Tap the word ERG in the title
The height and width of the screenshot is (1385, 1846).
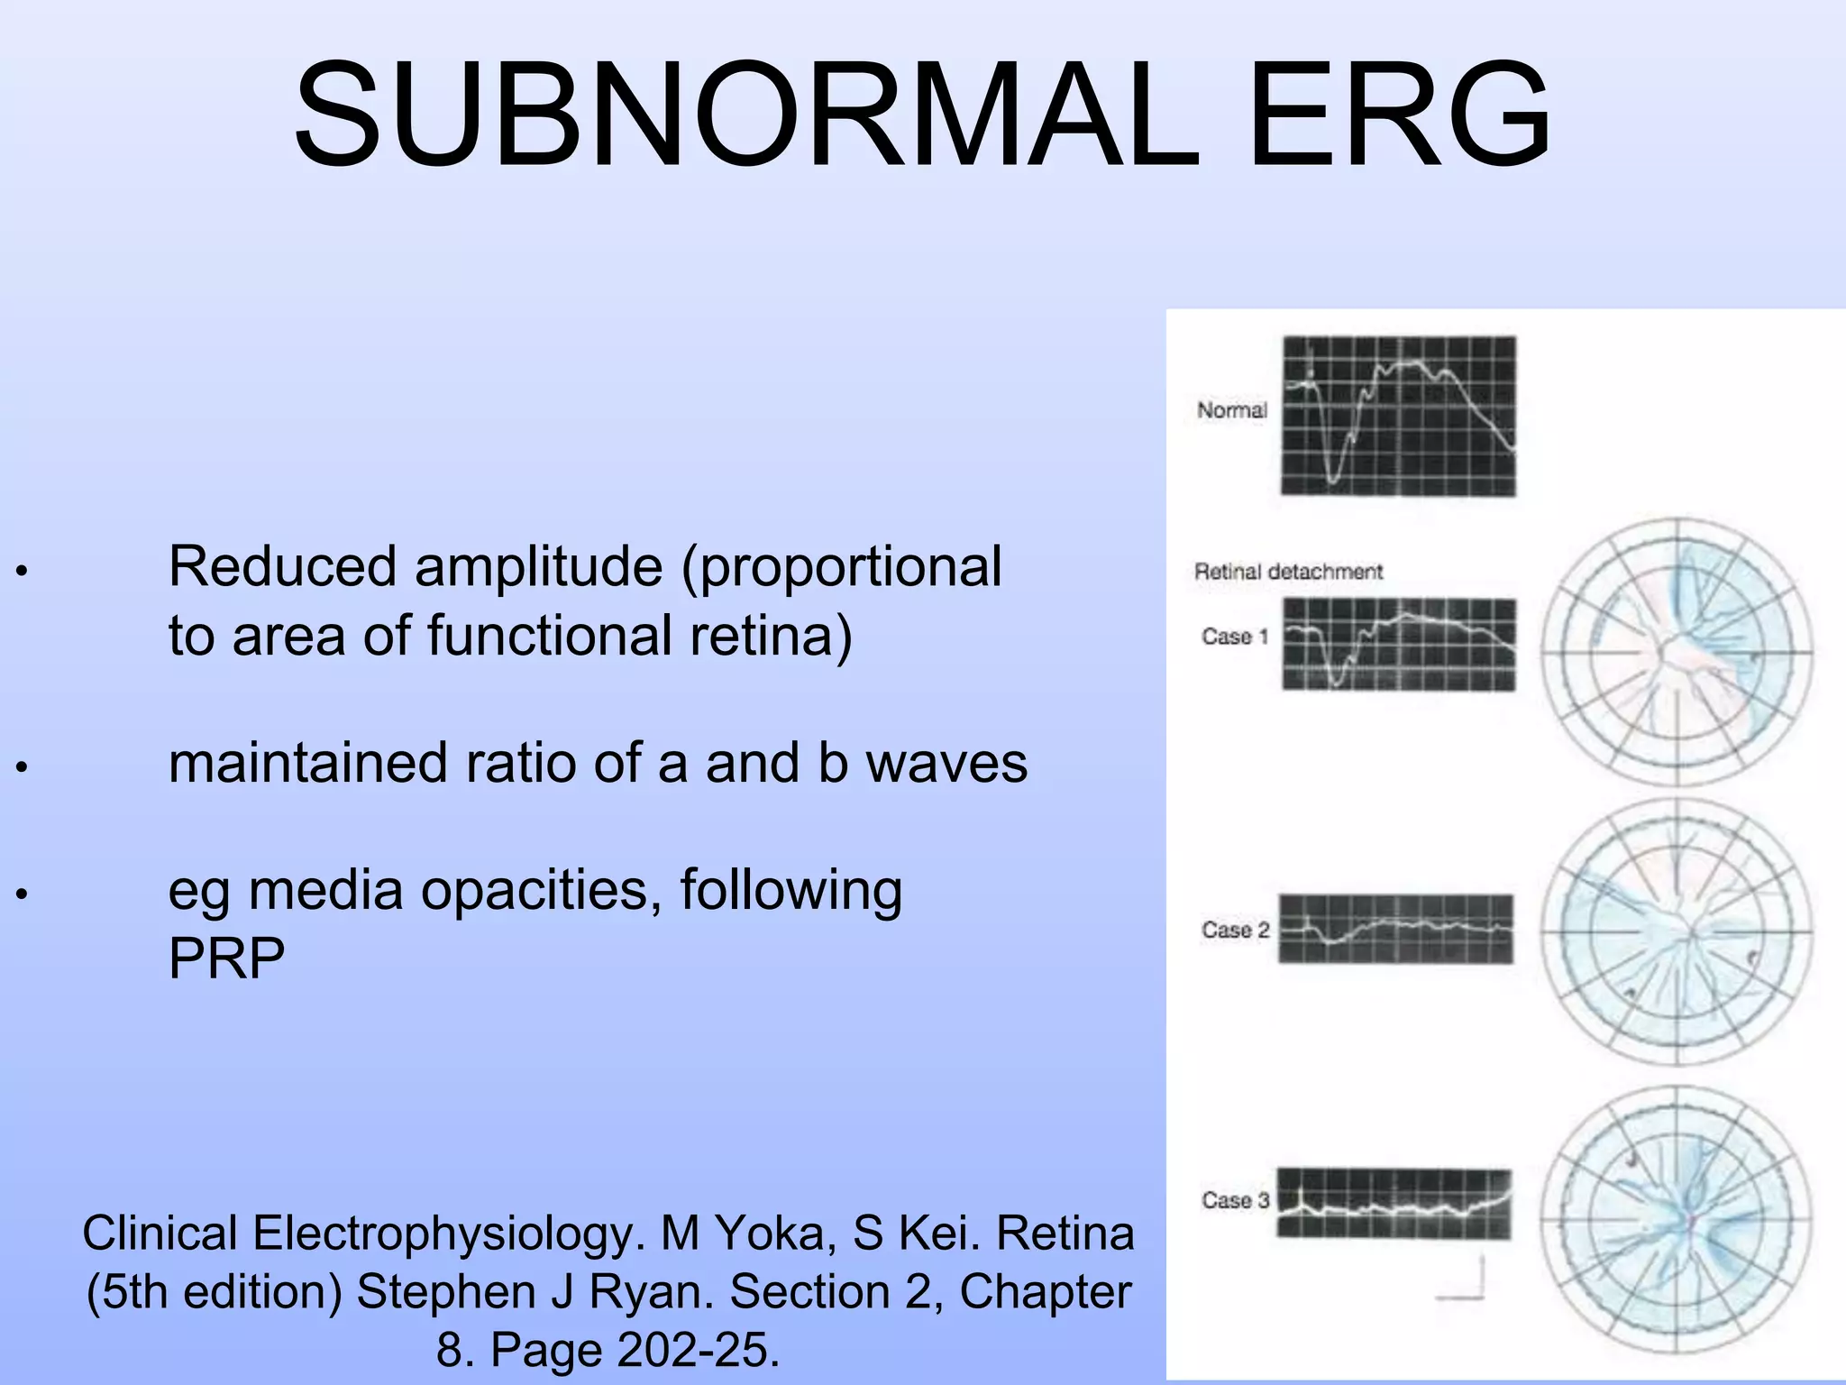click(x=1399, y=115)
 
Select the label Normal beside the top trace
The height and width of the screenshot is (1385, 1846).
click(x=1231, y=410)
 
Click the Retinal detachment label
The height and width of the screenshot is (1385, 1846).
click(x=1287, y=572)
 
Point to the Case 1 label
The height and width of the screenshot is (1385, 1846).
click(x=1234, y=637)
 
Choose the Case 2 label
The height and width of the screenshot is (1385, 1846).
click(x=1234, y=930)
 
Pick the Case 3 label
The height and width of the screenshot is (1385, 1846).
click(x=1234, y=1200)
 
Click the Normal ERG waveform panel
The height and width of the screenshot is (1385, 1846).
click(x=1398, y=416)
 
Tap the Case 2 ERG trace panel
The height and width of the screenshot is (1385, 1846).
click(x=1396, y=929)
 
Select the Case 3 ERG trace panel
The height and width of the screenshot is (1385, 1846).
click(x=1394, y=1203)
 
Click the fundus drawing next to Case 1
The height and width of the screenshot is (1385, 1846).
click(x=1676, y=652)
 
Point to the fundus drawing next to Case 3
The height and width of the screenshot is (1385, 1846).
click(x=1676, y=1221)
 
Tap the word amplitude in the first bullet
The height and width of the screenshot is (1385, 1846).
click(x=539, y=567)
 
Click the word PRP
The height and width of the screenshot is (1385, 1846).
click(x=226, y=958)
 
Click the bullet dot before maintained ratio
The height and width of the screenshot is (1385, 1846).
click(x=23, y=767)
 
